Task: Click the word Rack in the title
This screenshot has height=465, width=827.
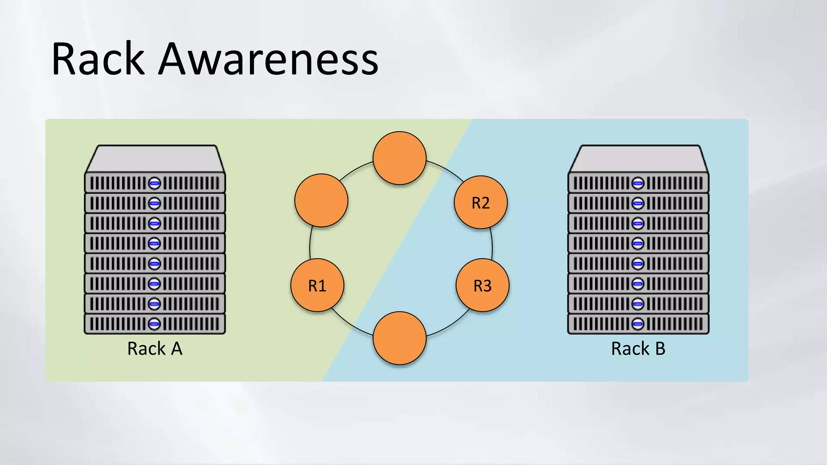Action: tap(98, 59)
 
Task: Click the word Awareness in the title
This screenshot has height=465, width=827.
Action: tap(268, 59)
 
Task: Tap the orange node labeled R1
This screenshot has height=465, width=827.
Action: tap(317, 285)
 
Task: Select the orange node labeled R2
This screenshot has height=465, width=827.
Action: tap(481, 202)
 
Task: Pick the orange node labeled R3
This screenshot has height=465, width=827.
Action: tap(483, 285)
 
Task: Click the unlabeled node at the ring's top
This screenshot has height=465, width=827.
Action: tap(399, 158)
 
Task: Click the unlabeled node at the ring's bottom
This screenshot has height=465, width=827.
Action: tap(399, 338)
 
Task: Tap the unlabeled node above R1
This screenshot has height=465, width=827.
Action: tap(321, 200)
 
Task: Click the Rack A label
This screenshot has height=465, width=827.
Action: tap(155, 349)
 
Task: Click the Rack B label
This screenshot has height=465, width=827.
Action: tap(638, 349)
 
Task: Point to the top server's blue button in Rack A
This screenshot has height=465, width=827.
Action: tap(154, 183)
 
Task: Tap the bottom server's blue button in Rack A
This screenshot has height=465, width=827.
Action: tap(154, 324)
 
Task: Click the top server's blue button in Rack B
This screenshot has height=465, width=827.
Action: tap(638, 183)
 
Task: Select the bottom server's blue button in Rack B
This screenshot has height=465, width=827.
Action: tap(638, 324)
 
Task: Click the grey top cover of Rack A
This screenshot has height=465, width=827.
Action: tap(155, 159)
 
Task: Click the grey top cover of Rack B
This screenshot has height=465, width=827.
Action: tap(638, 159)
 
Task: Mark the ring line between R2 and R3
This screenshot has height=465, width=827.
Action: tap(492, 244)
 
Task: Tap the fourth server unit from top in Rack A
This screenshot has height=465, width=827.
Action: tap(121, 243)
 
